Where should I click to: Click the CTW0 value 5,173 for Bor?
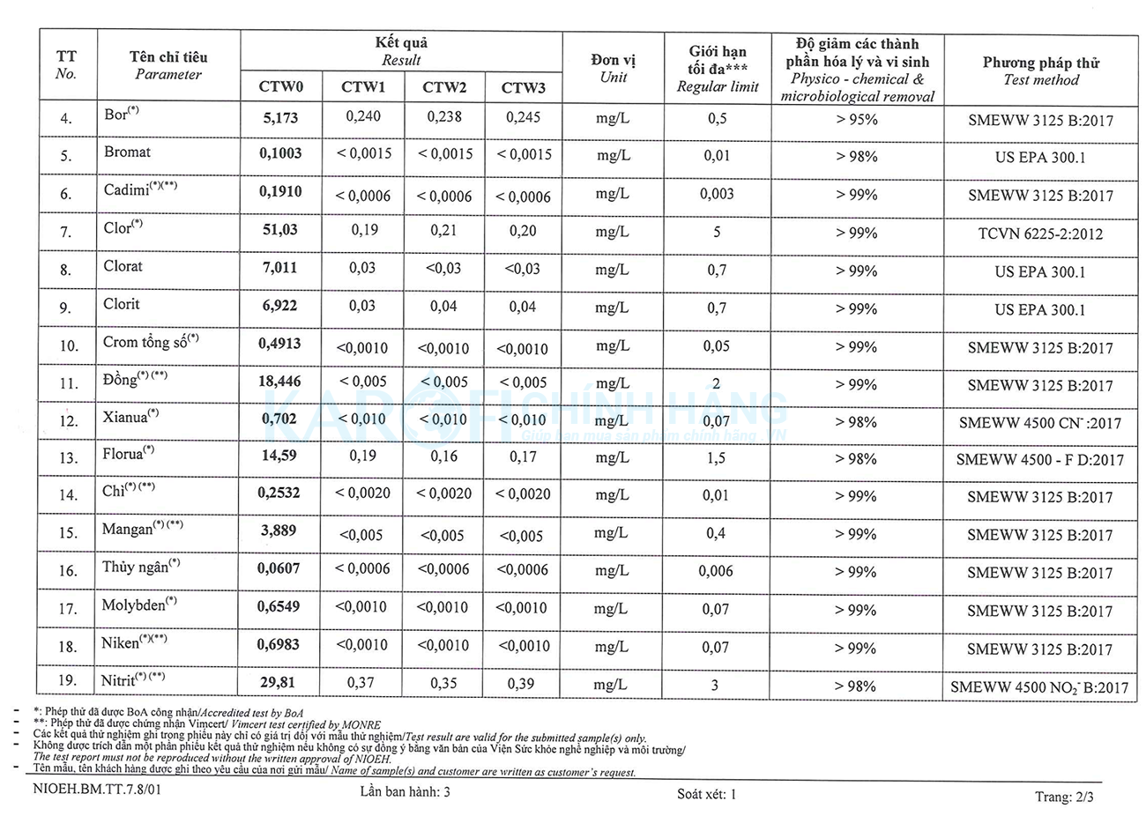coord(280,117)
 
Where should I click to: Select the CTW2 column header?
coord(444,87)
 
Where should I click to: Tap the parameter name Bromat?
coord(127,152)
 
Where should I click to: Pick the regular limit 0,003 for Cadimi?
coord(717,194)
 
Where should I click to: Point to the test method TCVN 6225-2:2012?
coord(1040,234)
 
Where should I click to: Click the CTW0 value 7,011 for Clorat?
coord(279,267)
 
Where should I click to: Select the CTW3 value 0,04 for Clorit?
coord(523,307)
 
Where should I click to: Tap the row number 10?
coord(68,346)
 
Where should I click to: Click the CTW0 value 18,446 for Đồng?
coord(279,382)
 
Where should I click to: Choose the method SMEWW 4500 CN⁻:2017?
coord(1040,423)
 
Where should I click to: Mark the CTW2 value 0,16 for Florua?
coord(444,456)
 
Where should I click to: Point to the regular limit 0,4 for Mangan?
coord(716,533)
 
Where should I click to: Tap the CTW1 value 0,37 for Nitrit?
coord(361,682)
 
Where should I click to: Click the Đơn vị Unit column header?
coord(614,68)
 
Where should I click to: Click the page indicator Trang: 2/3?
coord(1064,797)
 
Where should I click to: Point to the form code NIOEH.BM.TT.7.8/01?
coord(98,791)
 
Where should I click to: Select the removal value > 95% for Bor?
coord(857,119)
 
